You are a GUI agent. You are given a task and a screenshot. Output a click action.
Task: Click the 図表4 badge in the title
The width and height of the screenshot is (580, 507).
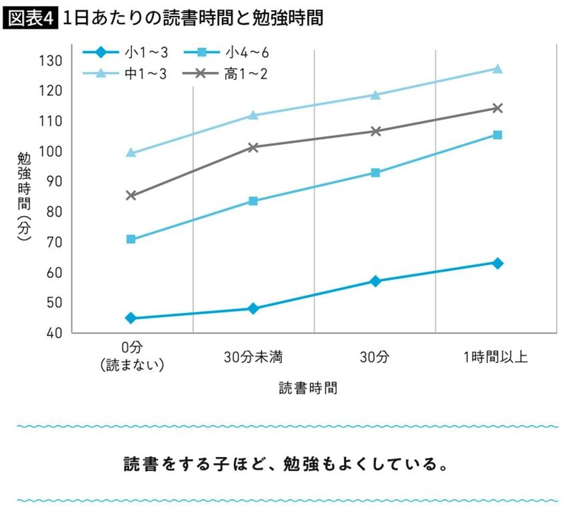point(31,19)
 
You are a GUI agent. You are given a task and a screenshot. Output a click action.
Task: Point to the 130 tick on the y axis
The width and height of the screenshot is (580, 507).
point(53,61)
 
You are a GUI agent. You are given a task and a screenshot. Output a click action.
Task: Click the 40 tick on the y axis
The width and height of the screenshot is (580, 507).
point(53,333)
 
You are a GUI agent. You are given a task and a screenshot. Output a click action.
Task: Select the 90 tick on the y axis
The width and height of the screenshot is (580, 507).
point(53,182)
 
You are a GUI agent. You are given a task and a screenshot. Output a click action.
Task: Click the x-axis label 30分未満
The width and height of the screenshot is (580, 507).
point(253,357)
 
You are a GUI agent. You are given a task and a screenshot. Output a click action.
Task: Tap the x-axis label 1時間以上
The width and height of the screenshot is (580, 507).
point(496,357)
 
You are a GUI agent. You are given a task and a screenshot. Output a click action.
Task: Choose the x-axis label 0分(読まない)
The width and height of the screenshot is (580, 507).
point(132,357)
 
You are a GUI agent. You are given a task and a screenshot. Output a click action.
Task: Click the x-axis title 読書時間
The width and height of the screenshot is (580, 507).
point(308,388)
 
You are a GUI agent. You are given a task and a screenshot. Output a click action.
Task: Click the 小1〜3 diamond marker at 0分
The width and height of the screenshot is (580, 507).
point(131,318)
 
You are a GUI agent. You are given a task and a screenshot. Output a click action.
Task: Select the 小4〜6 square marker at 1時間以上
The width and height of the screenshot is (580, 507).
point(497,135)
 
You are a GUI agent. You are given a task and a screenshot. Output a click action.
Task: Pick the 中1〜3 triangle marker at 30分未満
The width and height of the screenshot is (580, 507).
point(253,115)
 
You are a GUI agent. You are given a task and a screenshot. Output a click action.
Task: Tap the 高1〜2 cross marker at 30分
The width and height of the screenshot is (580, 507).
point(375,131)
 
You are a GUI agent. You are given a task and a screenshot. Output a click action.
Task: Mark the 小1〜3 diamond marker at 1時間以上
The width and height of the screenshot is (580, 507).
point(497,263)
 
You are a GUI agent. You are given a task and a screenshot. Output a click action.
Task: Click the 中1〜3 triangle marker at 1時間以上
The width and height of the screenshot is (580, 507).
point(497,69)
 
